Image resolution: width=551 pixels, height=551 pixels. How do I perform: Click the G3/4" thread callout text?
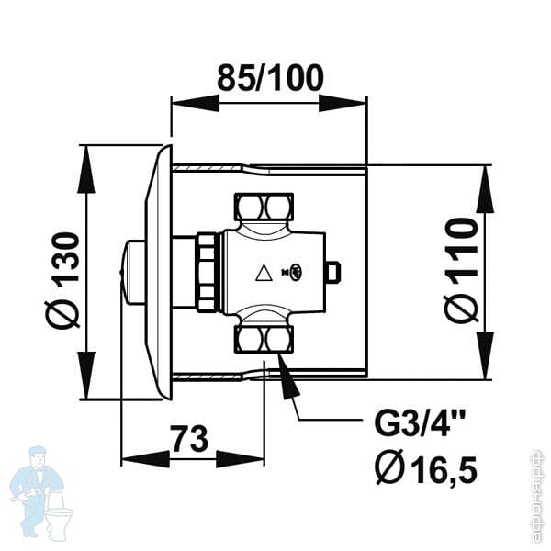point(420,426)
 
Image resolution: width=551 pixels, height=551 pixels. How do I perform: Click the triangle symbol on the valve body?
point(264,272)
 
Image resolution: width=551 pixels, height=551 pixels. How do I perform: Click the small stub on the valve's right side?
point(334,272)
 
